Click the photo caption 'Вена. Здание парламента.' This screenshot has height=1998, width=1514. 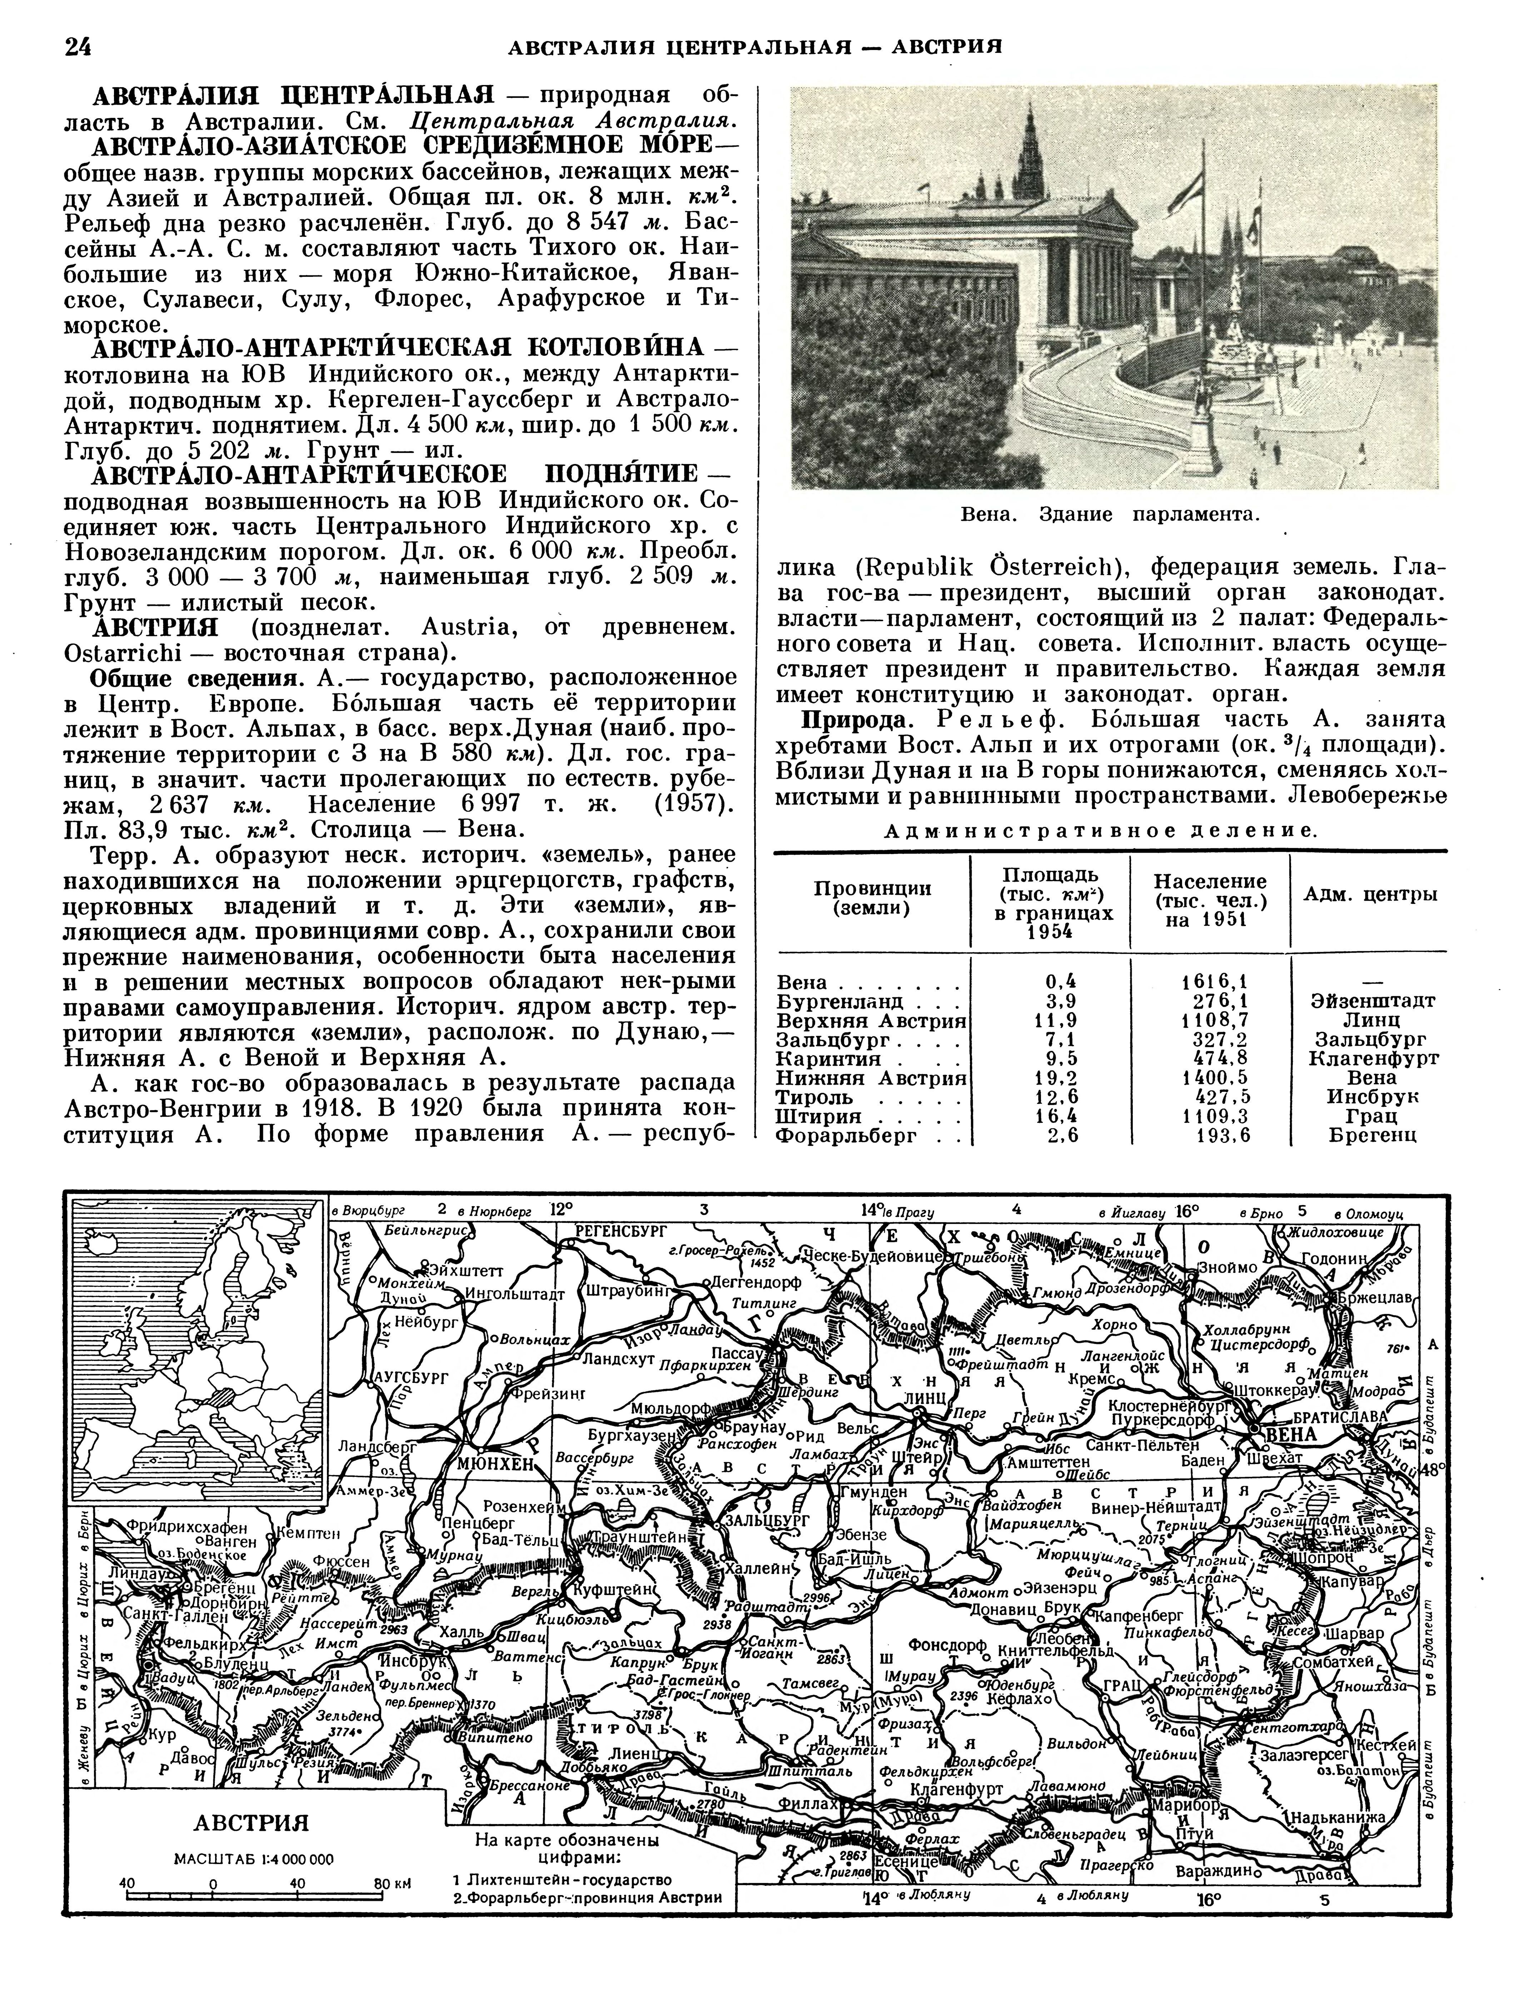(1110, 515)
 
